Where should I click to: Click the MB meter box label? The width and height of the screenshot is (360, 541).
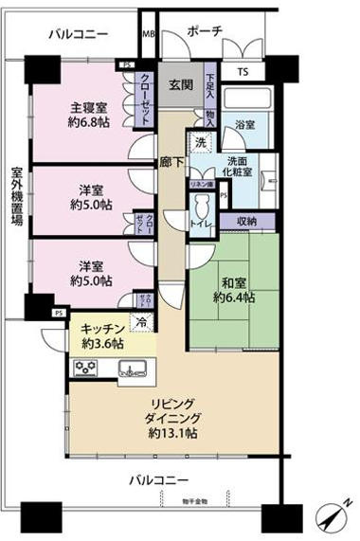tap(148, 34)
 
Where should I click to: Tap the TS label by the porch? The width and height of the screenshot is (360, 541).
tap(243, 72)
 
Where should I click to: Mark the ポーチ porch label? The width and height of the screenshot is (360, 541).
tap(205, 31)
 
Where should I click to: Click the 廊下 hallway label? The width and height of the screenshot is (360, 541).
tap(170, 162)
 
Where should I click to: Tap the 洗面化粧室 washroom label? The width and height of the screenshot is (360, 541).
tap(240, 167)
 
